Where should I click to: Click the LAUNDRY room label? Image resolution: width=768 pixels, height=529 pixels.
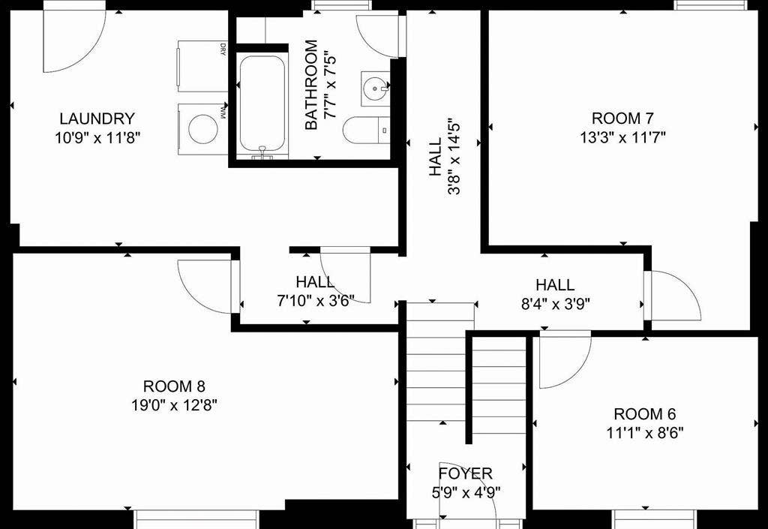(x=97, y=119)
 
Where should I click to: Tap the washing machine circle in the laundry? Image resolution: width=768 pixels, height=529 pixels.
(x=202, y=128)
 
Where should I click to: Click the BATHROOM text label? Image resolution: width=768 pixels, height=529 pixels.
(x=310, y=85)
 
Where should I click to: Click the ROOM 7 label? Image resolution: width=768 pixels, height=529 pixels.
(x=622, y=118)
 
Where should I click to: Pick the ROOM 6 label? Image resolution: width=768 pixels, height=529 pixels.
(x=644, y=414)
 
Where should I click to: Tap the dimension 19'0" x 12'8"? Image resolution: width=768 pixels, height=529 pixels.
(x=174, y=405)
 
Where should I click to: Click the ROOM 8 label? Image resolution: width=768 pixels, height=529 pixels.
(x=174, y=386)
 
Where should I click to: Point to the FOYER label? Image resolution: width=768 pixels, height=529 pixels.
(x=466, y=473)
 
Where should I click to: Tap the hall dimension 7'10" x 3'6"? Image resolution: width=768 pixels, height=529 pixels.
(x=315, y=300)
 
